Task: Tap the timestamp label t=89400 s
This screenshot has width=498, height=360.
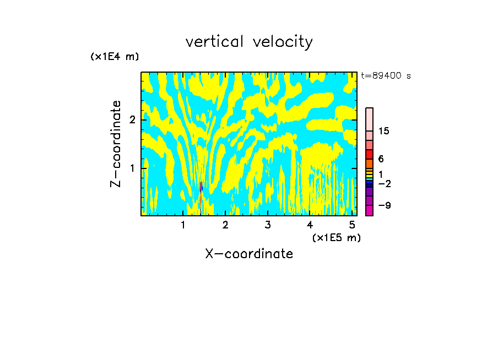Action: pyautogui.click(x=386, y=76)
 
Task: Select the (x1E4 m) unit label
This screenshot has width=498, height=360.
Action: pyautogui.click(x=115, y=56)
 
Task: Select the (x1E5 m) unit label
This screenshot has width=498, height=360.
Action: pyautogui.click(x=336, y=237)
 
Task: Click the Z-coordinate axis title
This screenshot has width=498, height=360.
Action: pyautogui.click(x=116, y=144)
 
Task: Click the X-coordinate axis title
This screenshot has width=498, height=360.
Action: pyautogui.click(x=249, y=254)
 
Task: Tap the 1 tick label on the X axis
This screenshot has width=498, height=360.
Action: pyautogui.click(x=183, y=225)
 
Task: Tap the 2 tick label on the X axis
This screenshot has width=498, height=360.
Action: pyautogui.click(x=225, y=225)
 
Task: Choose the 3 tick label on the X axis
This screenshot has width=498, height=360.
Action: pyautogui.click(x=268, y=225)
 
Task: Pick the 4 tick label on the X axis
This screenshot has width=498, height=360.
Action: pyautogui.click(x=310, y=225)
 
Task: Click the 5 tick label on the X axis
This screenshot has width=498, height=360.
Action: pyautogui.click(x=352, y=225)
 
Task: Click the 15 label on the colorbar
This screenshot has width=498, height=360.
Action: pyautogui.click(x=384, y=131)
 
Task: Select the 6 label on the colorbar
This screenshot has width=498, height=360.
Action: pyautogui.click(x=381, y=159)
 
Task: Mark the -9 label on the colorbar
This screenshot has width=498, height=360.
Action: pyautogui.click(x=384, y=205)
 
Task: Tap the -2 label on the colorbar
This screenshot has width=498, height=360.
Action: pyautogui.click(x=384, y=183)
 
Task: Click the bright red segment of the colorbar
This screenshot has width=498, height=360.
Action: pyautogui.click(x=369, y=154)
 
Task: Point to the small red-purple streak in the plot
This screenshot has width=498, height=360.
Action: pyautogui.click(x=201, y=187)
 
